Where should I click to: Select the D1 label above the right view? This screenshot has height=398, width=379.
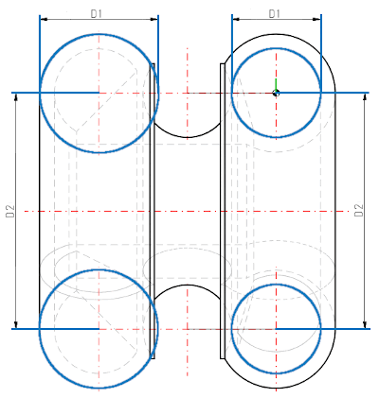pyautogui.click(x=275, y=13)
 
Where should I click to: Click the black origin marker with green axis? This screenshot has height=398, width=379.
pyautogui.click(x=276, y=92)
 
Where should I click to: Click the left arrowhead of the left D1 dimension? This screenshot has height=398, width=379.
pyautogui.click(x=44, y=20)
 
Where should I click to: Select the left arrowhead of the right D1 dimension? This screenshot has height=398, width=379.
pyautogui.click(x=235, y=20)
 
